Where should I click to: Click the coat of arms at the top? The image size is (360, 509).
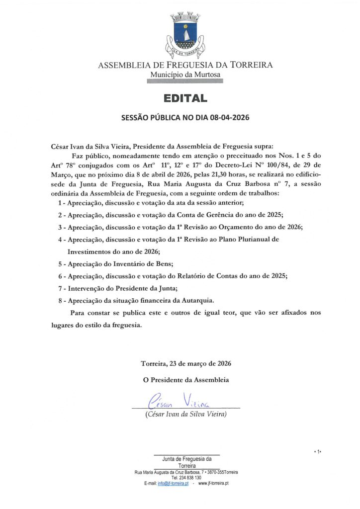[185, 34]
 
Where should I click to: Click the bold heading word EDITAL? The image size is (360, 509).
[185, 98]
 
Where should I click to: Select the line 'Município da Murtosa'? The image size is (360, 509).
[185, 75]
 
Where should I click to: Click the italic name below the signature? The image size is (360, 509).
[185, 414]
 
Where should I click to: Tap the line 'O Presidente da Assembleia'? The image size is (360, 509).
[185, 380]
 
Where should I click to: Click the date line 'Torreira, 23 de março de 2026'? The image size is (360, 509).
[185, 363]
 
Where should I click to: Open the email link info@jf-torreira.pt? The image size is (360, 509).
[173, 483]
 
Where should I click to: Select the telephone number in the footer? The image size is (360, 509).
[186, 477]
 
